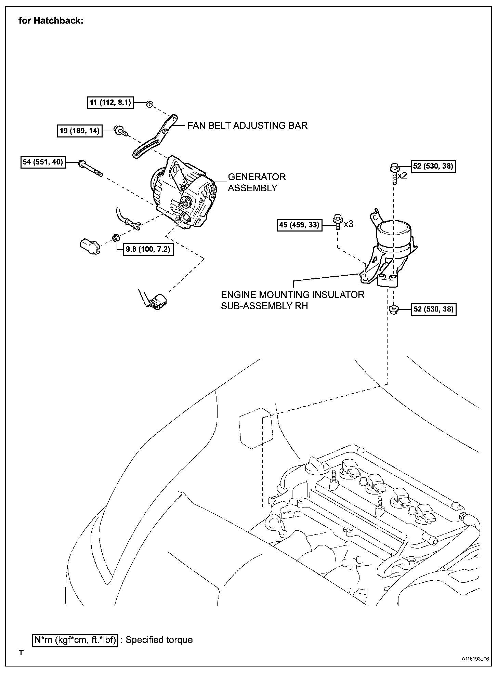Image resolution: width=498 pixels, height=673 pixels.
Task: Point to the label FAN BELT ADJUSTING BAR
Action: (x=247, y=126)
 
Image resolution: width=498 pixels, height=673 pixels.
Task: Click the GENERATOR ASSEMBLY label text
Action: (x=257, y=182)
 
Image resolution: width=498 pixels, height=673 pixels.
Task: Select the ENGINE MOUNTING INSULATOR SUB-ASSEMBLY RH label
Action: (x=292, y=300)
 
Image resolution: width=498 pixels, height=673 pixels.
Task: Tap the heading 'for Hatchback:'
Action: (x=51, y=21)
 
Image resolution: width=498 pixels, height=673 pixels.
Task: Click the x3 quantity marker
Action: (x=348, y=224)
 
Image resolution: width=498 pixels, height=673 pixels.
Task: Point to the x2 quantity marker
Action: (x=402, y=176)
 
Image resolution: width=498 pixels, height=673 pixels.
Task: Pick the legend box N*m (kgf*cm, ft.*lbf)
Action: (x=75, y=639)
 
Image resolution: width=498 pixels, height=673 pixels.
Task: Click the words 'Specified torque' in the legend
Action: (x=159, y=640)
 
